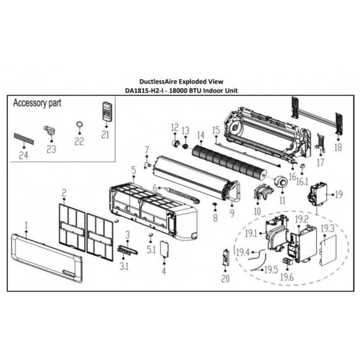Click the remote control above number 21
click(107, 111)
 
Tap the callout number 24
click(23, 155)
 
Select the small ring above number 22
click(79, 124)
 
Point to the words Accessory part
click(37, 103)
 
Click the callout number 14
click(200, 135)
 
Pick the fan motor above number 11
click(281, 181)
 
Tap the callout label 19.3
click(328, 229)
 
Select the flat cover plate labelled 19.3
click(328, 250)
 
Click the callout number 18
click(338, 147)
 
